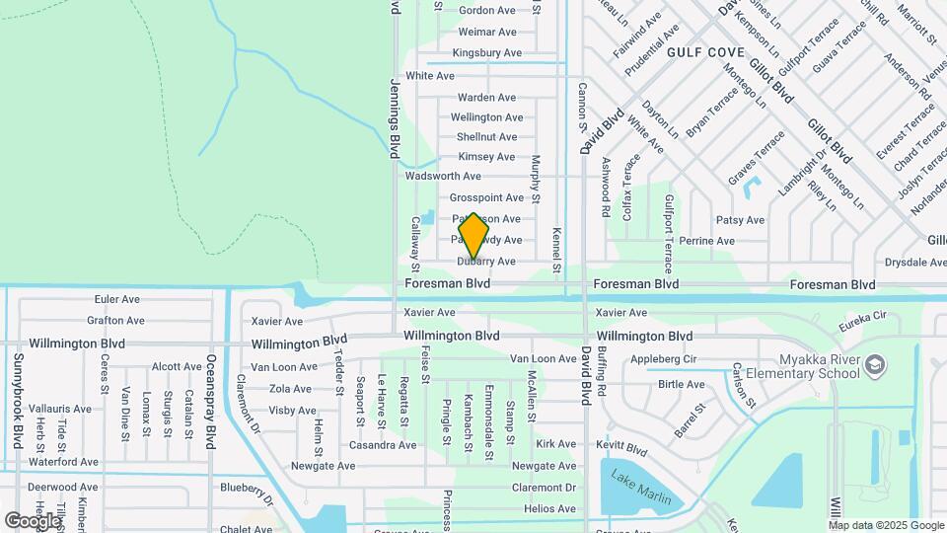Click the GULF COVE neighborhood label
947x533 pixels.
704,51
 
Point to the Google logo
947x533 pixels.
33,520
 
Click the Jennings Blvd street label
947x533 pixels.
395,118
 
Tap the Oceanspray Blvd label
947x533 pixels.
210,402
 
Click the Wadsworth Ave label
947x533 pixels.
443,176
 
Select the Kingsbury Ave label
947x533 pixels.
486,52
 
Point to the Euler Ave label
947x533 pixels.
117,299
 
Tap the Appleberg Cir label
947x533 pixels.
664,359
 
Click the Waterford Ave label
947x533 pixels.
63,461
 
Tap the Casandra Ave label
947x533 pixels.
383,445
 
